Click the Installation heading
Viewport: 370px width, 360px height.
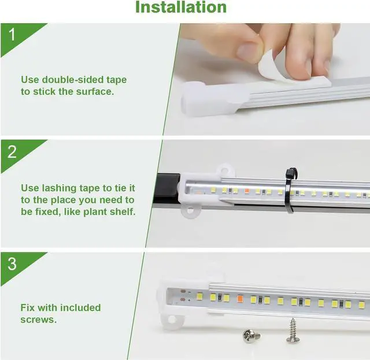click(180, 8)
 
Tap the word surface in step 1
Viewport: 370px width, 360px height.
click(95, 91)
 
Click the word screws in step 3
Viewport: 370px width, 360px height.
click(38, 319)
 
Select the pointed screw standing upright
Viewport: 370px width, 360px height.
click(293, 330)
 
